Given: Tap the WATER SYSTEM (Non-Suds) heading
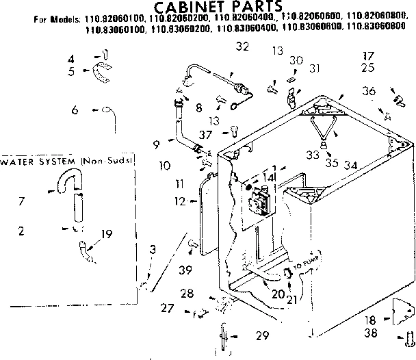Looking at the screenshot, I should pos(67,162).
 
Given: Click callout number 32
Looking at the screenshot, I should pos(242,47).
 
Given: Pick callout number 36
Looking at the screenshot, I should pos(369,90).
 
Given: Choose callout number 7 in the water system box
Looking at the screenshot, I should pos(23,201).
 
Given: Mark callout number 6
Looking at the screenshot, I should pos(75,110).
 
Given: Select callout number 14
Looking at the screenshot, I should pos(270,177).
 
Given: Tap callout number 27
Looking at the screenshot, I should pos(168,308).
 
